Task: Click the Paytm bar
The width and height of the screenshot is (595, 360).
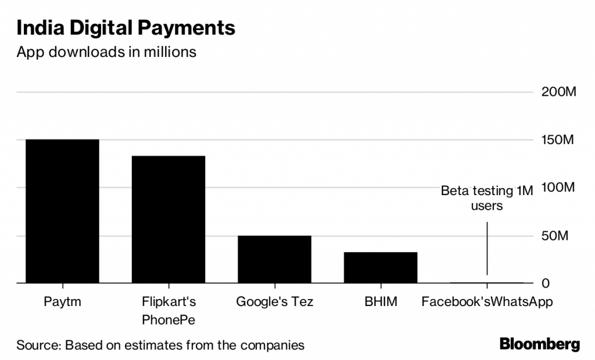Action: coord(58,211)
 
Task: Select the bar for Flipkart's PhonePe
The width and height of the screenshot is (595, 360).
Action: coord(168,219)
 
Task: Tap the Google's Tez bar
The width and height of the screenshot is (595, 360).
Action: coord(274,259)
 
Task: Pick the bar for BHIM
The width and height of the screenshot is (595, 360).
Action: coord(381,267)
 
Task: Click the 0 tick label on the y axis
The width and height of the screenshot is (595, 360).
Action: coord(546,283)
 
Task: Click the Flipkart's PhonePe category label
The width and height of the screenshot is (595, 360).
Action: coord(169,311)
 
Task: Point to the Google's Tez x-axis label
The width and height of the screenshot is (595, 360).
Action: coord(274,302)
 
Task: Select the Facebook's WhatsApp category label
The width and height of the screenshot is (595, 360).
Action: coord(487,302)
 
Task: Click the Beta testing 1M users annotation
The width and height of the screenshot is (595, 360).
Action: coord(487,197)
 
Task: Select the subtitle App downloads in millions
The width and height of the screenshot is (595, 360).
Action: coord(106,52)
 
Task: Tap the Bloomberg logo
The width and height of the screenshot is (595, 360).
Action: coord(540,344)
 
